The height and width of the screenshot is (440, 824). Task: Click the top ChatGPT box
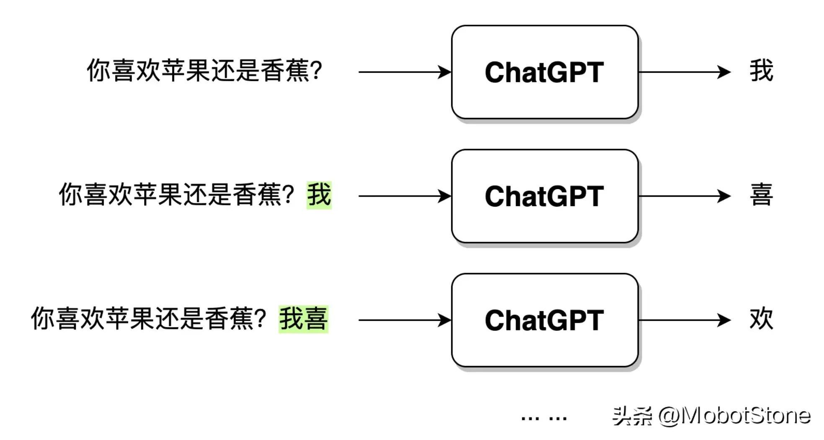click(545, 72)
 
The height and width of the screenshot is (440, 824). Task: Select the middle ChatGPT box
click(545, 196)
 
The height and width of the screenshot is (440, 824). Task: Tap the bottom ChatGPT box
click(545, 320)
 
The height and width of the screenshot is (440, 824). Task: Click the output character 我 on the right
click(761, 71)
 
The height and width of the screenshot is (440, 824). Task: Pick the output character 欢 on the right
click(761, 319)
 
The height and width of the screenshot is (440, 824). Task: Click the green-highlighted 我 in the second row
click(319, 195)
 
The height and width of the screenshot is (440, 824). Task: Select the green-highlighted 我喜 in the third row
click(304, 319)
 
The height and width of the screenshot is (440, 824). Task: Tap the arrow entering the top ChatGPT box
click(404, 72)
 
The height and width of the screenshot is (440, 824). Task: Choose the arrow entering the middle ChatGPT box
click(404, 196)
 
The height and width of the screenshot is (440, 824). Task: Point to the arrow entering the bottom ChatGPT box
click(404, 320)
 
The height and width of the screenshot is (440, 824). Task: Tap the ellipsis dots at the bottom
click(544, 418)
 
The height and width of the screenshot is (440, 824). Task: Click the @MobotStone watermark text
click(734, 416)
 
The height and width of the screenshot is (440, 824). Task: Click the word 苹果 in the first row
click(186, 70)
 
